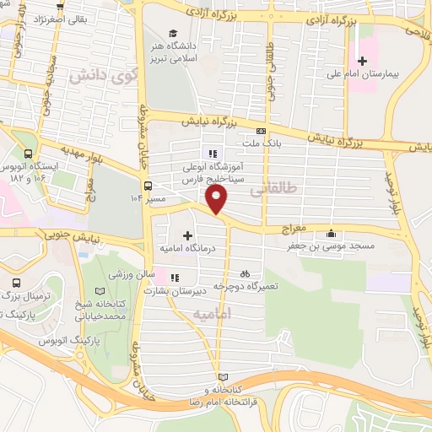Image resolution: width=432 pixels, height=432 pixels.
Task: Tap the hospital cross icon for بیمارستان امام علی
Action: (x=363, y=61)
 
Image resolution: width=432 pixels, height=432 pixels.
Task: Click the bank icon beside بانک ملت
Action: (x=262, y=131)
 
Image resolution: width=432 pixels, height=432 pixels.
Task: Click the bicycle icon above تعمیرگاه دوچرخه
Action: (x=245, y=273)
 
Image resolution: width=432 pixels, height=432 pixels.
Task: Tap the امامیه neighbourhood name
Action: (x=212, y=314)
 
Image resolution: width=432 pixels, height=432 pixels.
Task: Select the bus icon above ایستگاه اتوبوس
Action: (x=29, y=154)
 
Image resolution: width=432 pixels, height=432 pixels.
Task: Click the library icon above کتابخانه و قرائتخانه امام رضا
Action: (x=222, y=377)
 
